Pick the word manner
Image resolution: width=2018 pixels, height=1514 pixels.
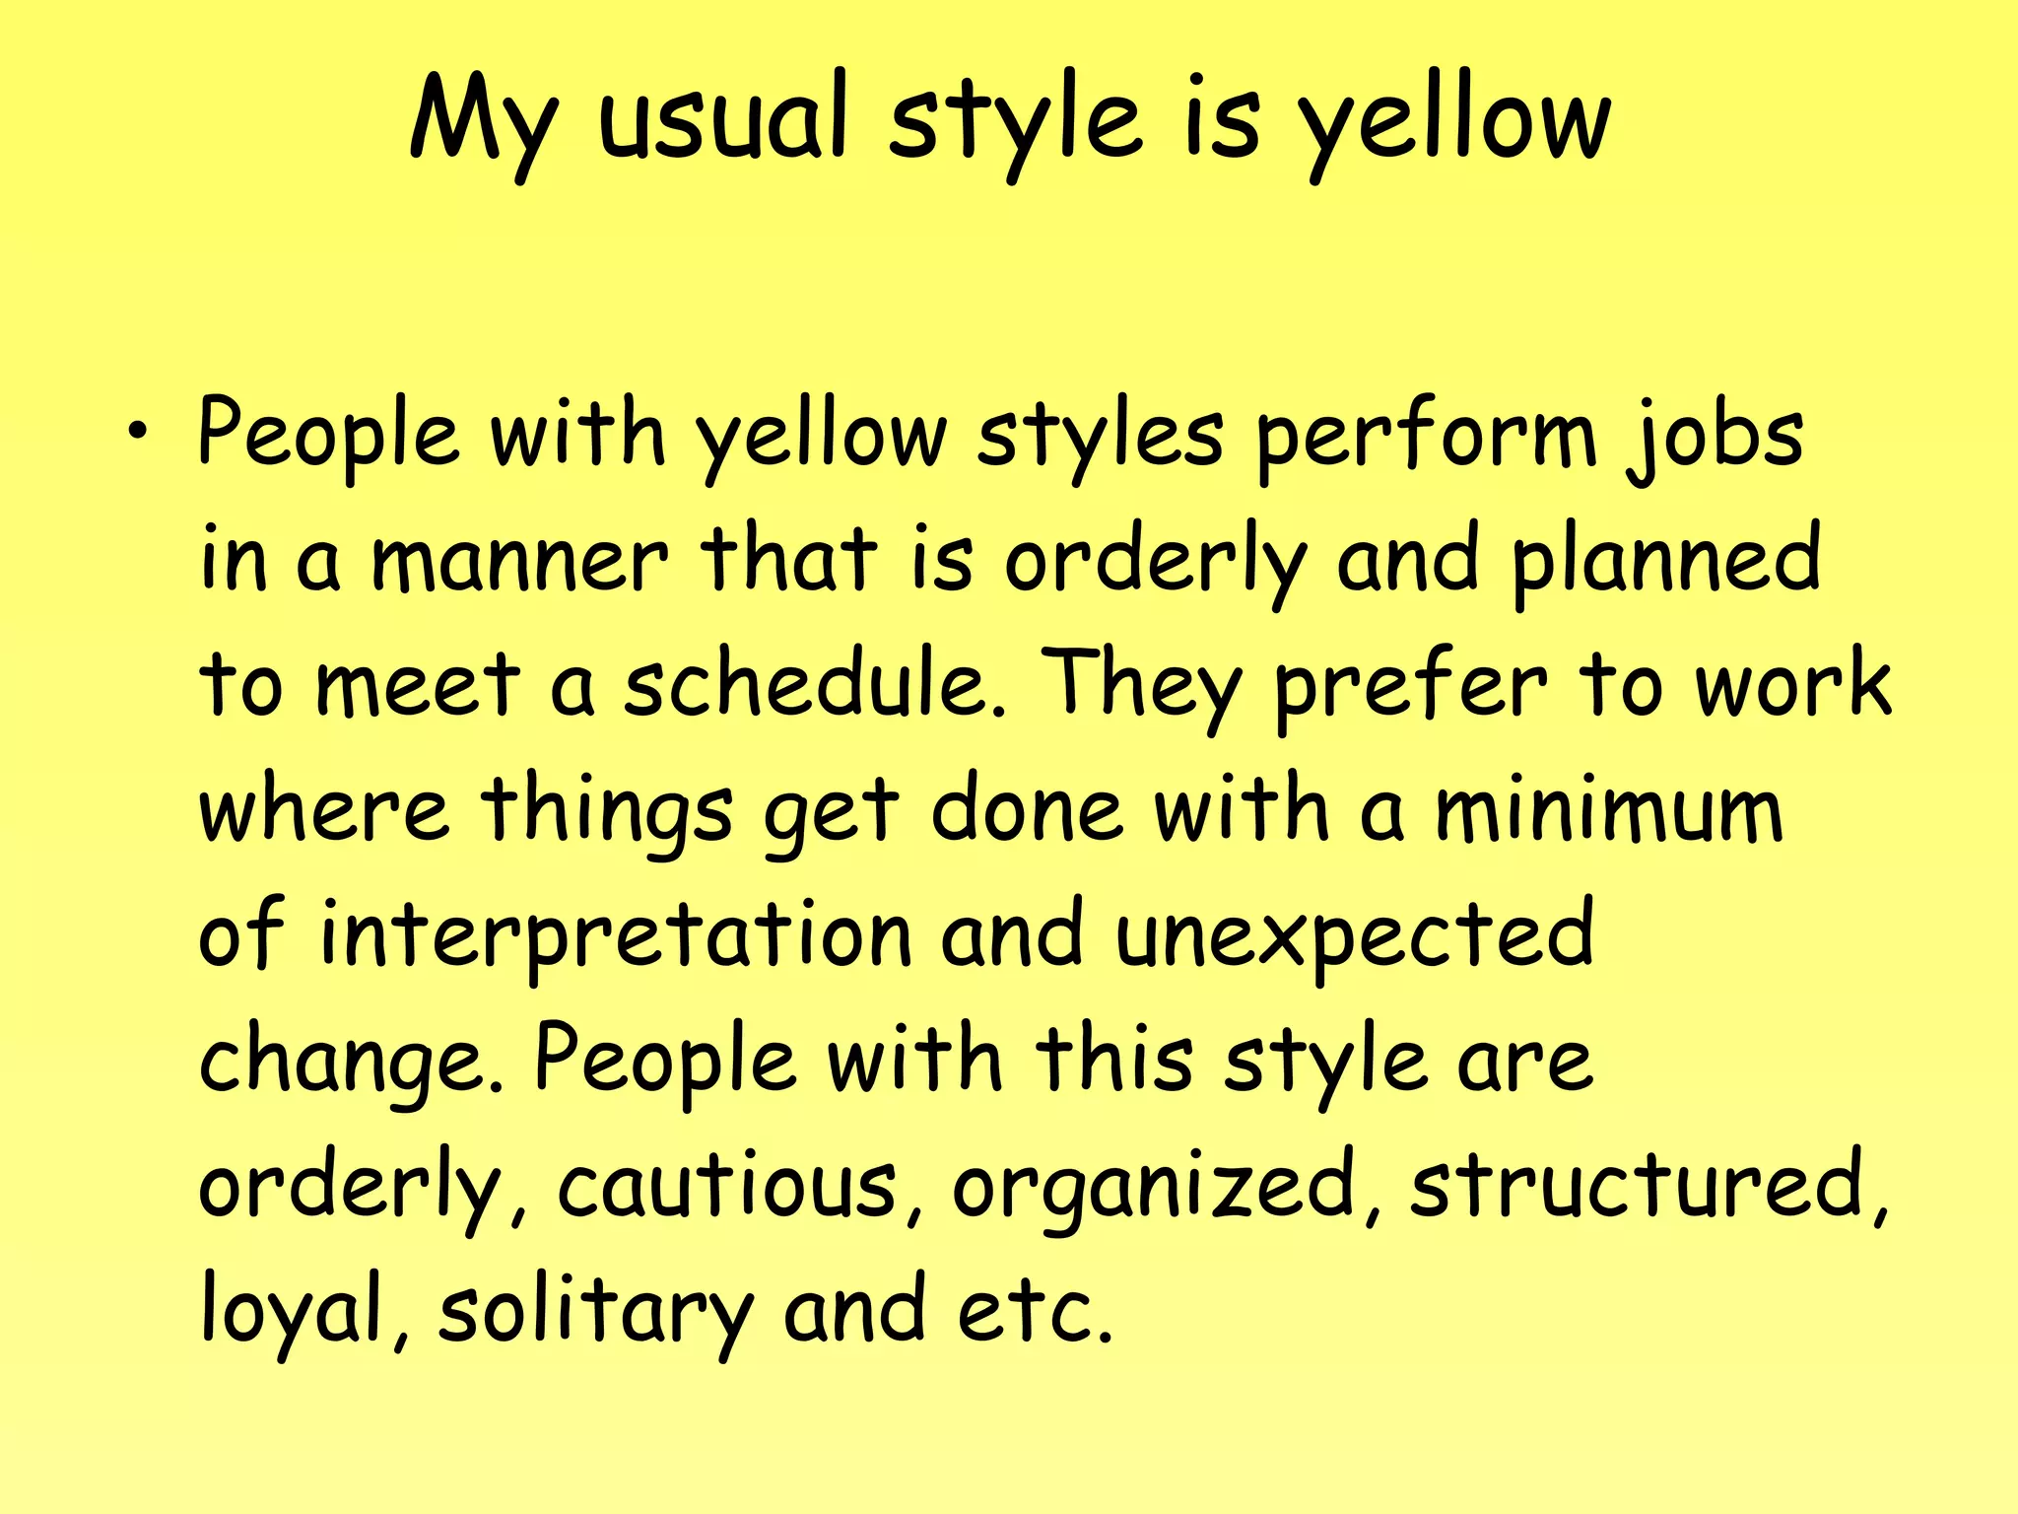tap(519, 562)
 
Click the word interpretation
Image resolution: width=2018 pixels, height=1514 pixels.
tap(616, 936)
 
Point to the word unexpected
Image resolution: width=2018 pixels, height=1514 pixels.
tap(1354, 936)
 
